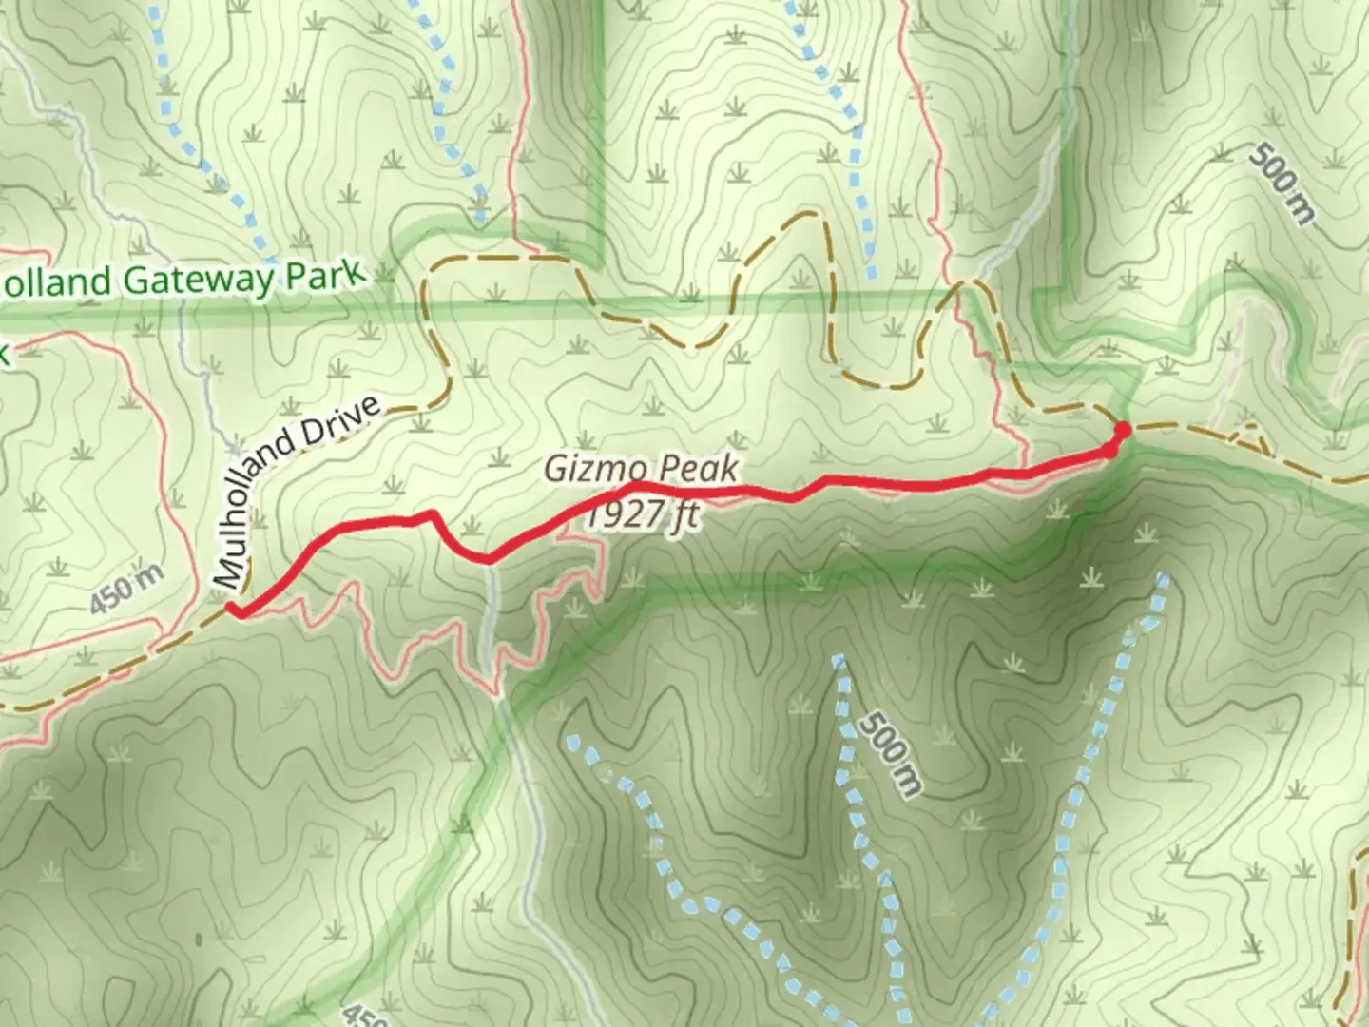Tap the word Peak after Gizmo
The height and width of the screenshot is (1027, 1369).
(x=698, y=471)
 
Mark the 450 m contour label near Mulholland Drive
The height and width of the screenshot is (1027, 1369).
(x=127, y=590)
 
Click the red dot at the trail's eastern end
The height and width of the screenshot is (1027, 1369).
(x=1122, y=431)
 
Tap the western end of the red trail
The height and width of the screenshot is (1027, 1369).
(x=232, y=610)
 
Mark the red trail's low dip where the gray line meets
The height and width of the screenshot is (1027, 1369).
(x=488, y=559)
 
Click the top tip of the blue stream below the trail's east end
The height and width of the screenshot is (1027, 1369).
(x=1162, y=577)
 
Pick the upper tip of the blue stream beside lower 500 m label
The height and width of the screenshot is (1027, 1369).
(x=838, y=658)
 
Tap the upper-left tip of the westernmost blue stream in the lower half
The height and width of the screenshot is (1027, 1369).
(x=572, y=738)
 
